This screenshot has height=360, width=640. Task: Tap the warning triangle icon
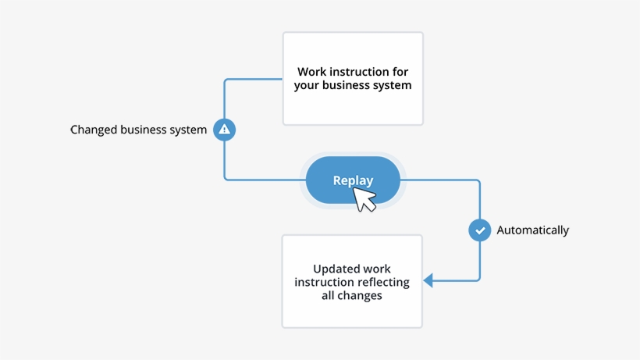click(x=225, y=130)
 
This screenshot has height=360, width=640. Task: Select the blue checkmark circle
click(x=479, y=230)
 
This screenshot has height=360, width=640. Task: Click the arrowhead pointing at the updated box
click(x=428, y=280)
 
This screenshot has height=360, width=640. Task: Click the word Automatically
click(x=533, y=230)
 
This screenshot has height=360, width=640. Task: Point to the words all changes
click(x=352, y=295)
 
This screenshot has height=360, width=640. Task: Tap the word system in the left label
click(x=188, y=130)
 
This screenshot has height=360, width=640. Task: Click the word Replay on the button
click(x=353, y=180)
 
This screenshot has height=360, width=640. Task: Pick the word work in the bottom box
click(x=377, y=269)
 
